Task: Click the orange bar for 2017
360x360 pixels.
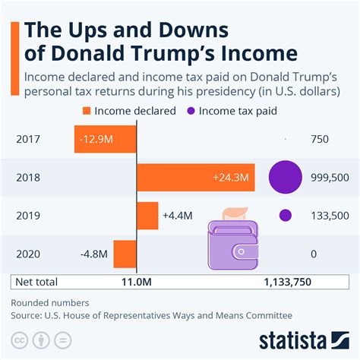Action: pos(106,139)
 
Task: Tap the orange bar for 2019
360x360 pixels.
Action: pos(147,215)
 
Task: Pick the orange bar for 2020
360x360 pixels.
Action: pos(125,254)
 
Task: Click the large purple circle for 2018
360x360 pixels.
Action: pos(287,177)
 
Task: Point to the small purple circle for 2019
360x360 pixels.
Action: pos(286,215)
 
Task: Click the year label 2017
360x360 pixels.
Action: pos(28,140)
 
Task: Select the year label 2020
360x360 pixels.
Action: pos(28,254)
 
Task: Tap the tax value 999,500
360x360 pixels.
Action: pos(330,177)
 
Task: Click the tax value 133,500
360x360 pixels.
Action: pos(330,215)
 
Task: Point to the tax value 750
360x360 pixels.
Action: pos(320,140)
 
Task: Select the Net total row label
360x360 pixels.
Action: pos(36,282)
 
